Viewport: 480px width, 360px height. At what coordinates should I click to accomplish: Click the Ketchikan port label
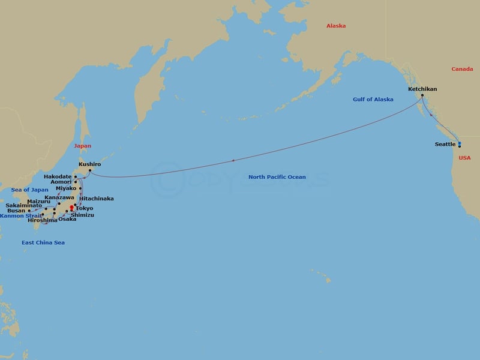pyautogui.click(x=422, y=89)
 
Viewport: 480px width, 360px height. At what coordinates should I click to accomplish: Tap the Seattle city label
pyautogui.click(x=446, y=144)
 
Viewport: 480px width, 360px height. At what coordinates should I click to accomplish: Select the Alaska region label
pyautogui.click(x=336, y=26)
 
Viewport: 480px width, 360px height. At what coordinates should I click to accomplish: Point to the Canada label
pyautogui.click(x=462, y=69)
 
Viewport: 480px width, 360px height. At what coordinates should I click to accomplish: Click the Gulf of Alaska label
pyautogui.click(x=373, y=99)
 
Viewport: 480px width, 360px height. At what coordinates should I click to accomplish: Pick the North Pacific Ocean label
pyautogui.click(x=277, y=177)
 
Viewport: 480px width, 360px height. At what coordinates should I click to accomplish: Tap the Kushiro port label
pyautogui.click(x=89, y=163)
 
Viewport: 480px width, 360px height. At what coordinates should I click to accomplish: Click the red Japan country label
pyautogui.click(x=83, y=146)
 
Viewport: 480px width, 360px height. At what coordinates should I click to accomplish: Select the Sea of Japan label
pyautogui.click(x=29, y=190)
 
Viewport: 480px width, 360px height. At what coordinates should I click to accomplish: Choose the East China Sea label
pyautogui.click(x=43, y=242)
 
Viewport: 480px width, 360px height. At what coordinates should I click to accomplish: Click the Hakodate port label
pyautogui.click(x=58, y=176)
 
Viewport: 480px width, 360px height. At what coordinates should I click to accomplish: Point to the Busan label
pyautogui.click(x=16, y=211)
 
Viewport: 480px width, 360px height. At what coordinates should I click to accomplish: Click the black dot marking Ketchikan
pyautogui.click(x=422, y=96)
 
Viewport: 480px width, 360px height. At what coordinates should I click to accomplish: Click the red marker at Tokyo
pyautogui.click(x=71, y=208)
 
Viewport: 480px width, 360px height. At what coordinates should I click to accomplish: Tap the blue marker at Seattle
pyautogui.click(x=460, y=144)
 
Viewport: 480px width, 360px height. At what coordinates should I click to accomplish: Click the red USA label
pyautogui.click(x=465, y=158)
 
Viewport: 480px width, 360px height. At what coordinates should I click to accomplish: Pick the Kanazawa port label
pyautogui.click(x=59, y=197)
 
